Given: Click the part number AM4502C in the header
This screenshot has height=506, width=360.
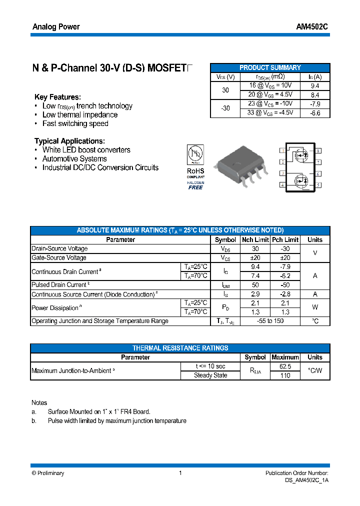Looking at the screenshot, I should [312, 27].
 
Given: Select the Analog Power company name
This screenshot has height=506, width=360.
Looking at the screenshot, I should [56, 27].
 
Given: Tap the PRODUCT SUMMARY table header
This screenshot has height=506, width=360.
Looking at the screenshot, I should [270, 67].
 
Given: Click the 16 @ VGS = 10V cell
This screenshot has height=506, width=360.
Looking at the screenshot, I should [270, 86].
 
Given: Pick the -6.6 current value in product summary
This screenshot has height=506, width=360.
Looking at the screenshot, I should [315, 113].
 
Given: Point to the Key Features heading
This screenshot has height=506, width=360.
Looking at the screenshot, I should [57, 97].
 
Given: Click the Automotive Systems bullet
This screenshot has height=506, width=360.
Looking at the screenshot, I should [74, 158].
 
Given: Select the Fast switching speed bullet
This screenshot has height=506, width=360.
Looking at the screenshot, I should [75, 123].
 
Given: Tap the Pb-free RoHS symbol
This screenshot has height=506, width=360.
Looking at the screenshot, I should [195, 154].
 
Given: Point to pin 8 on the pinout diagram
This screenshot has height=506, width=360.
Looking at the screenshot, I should [318, 150].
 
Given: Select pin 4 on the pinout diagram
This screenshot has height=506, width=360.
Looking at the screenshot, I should [282, 185].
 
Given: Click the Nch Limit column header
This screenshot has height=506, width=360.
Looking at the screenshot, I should [255, 239].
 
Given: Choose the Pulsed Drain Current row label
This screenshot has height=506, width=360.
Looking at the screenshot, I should [59, 284].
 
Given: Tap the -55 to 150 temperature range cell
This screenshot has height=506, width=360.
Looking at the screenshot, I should [270, 321].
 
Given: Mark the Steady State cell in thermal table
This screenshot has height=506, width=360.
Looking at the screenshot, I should [210, 375].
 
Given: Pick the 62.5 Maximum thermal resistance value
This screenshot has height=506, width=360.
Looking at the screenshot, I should [285, 366].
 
